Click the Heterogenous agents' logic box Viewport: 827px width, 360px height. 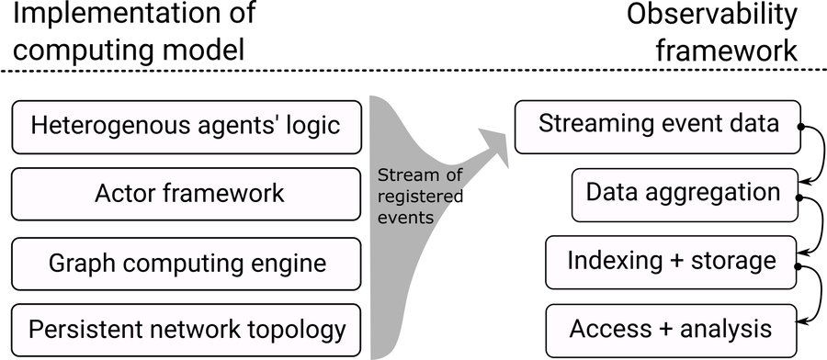187,126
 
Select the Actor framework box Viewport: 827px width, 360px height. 187,194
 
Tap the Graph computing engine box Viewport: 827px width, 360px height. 187,263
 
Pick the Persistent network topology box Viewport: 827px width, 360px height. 187,328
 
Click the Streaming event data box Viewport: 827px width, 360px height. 658,126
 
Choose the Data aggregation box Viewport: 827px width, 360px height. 683,194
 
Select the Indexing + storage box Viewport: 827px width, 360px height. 671,261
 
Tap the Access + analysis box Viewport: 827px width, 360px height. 671,328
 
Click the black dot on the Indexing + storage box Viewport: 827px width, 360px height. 799,265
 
